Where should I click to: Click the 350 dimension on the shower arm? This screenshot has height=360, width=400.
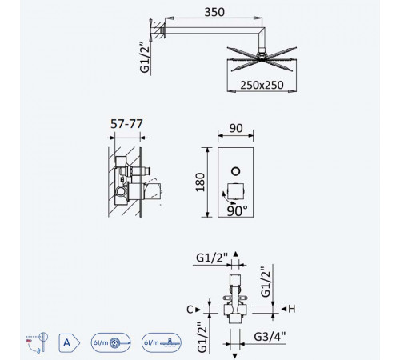tap(214, 12)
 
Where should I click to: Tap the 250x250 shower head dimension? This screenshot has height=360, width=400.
tap(262, 85)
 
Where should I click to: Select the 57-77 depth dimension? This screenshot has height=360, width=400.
tap(126, 124)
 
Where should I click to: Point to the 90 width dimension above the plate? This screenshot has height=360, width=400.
tap(236, 128)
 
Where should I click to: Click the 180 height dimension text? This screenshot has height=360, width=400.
tap(200, 182)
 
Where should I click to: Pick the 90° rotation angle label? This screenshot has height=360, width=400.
tap(237, 211)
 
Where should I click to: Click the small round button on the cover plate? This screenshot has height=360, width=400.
tap(236, 171)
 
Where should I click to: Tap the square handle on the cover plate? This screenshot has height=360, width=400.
tap(235, 191)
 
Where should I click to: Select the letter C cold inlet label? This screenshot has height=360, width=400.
tap(190, 310)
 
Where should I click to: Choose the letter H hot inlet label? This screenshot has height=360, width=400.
tap(292, 309)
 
